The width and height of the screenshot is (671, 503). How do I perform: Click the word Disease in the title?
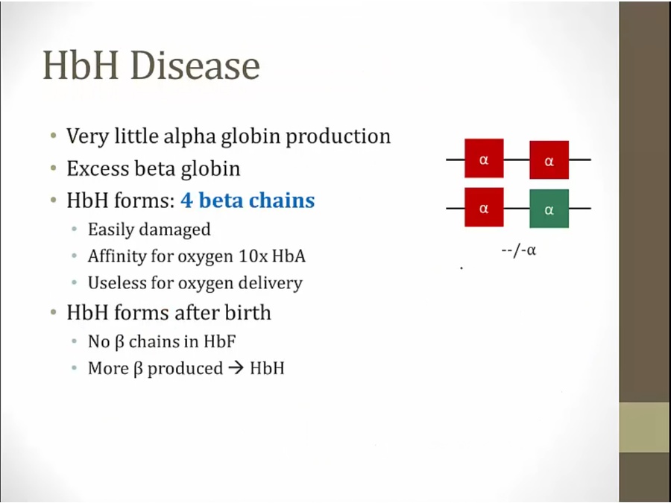195,66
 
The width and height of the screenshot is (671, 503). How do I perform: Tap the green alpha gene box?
549,209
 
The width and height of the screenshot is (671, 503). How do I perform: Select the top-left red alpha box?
484,158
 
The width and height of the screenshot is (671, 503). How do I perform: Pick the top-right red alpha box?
549,159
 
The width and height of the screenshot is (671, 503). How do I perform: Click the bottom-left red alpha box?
484,207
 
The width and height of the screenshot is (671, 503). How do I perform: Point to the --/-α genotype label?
519,250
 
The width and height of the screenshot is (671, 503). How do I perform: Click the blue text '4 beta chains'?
248,200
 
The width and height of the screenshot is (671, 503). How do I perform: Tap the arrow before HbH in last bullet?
236,368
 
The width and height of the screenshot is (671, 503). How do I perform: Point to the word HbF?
219,341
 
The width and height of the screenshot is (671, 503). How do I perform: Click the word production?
338,137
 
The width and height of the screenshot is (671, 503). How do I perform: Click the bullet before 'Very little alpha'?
53,136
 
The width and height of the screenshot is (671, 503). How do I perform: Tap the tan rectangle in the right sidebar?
645,427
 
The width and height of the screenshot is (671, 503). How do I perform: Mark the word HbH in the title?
81,66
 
